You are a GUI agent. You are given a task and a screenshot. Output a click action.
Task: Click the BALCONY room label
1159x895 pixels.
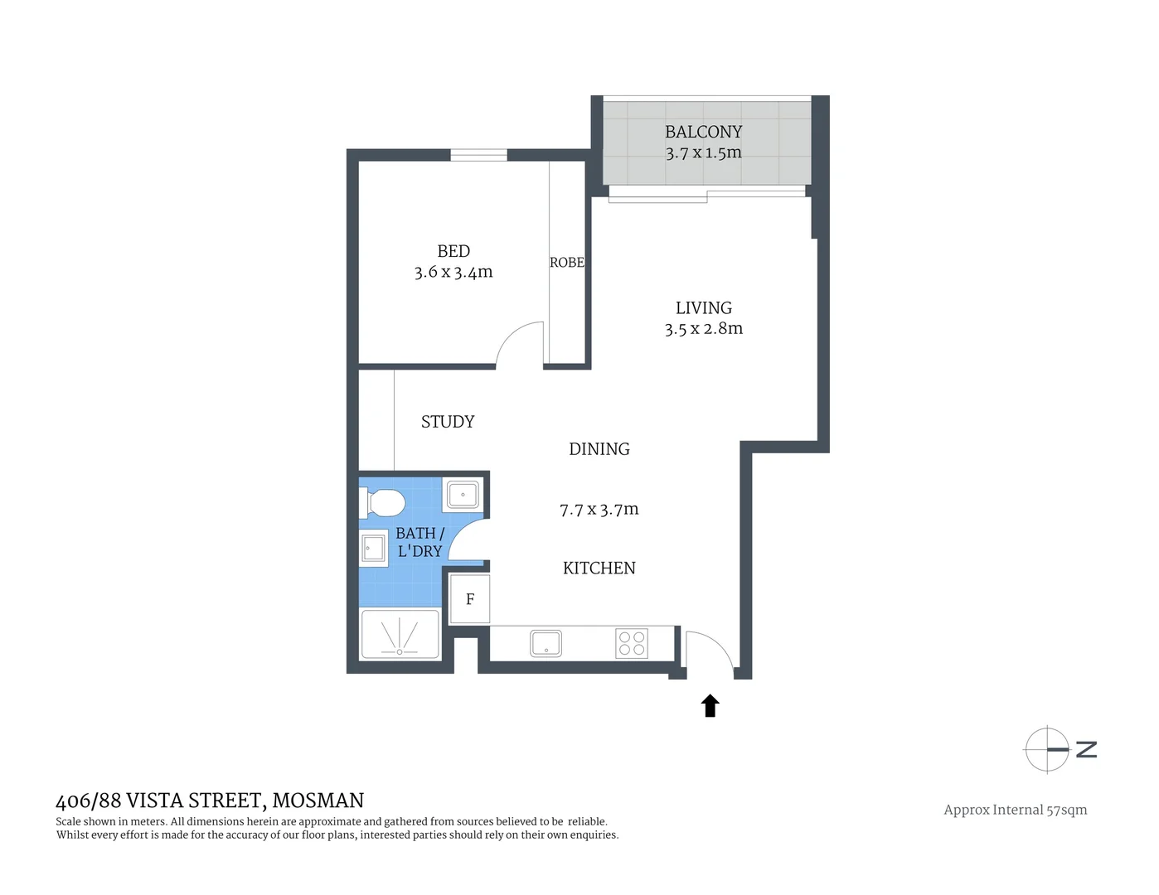coord(703,132)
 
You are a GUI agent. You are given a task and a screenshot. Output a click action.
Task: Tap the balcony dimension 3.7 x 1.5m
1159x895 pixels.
coord(703,152)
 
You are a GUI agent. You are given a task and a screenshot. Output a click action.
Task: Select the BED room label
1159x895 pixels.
coord(453,251)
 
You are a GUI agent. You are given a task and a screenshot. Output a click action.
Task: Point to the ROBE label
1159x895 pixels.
coord(567,263)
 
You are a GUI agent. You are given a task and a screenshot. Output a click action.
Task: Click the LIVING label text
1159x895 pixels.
coord(703,308)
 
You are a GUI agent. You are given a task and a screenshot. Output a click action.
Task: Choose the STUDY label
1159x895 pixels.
coord(448,422)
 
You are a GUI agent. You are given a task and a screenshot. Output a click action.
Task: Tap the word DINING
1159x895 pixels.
coord(599,449)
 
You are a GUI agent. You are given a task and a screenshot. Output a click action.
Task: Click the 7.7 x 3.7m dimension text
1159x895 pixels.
coord(599,510)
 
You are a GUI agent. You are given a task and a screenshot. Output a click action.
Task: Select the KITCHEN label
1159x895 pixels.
coord(599,568)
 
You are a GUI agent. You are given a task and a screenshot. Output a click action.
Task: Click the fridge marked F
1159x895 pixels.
coord(470,599)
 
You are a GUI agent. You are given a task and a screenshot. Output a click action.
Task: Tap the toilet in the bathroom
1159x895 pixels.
coord(382,502)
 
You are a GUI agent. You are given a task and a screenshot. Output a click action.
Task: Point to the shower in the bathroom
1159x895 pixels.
coord(400,636)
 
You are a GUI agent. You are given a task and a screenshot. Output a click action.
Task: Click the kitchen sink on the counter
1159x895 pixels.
coord(546,644)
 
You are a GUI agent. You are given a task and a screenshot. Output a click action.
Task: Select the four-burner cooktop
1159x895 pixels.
coord(632,644)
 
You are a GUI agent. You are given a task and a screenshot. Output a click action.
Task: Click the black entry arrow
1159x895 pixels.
coord(710,706)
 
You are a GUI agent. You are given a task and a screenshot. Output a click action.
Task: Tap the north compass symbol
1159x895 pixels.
coord(1049,749)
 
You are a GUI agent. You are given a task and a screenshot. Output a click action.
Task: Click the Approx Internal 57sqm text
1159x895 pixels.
coord(1016,810)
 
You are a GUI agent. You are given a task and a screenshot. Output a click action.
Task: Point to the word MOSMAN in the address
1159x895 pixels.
coord(318,801)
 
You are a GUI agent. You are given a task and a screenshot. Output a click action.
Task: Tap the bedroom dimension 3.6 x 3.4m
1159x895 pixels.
coord(453,272)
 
